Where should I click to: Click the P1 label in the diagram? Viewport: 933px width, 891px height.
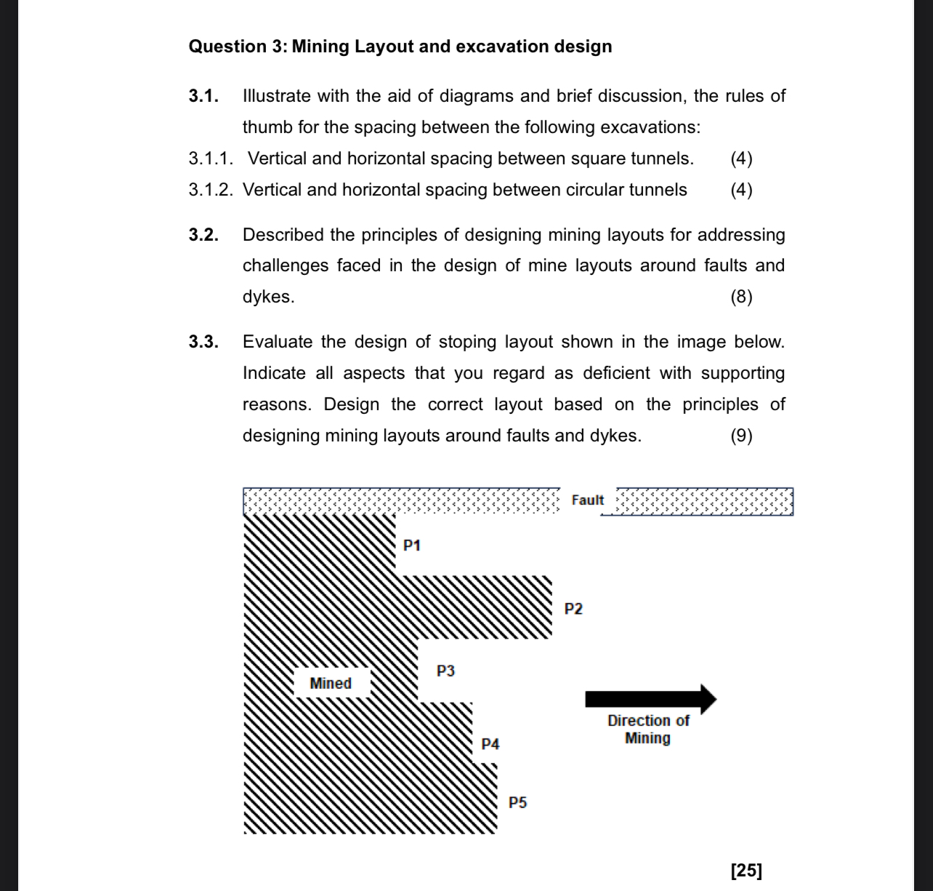click(x=412, y=546)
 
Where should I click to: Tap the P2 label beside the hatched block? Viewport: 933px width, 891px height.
click(x=573, y=609)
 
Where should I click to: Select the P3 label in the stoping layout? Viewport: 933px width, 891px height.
click(x=445, y=671)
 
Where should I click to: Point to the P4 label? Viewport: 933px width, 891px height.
click(x=490, y=744)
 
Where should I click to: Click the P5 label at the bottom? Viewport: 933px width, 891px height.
click(x=517, y=803)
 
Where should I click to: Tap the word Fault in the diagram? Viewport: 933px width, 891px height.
click(x=587, y=500)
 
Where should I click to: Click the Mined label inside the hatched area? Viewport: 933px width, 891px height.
click(x=331, y=684)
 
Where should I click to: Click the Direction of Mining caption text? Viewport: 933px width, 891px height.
click(x=648, y=730)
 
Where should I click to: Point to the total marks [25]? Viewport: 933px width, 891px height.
click(x=746, y=870)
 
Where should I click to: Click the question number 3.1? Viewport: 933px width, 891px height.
click(x=203, y=96)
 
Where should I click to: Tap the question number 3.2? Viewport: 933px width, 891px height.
click(x=203, y=235)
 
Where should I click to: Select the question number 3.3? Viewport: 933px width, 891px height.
click(x=203, y=342)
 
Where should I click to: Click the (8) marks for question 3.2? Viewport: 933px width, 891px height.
click(x=741, y=297)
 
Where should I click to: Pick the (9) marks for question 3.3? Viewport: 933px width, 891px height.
click(x=741, y=436)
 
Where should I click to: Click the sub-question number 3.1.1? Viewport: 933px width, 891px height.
click(x=211, y=159)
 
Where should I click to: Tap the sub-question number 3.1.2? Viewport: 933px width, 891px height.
click(x=211, y=190)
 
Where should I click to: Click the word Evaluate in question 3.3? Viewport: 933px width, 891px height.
click(x=277, y=342)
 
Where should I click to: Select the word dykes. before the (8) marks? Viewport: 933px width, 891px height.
click(x=268, y=297)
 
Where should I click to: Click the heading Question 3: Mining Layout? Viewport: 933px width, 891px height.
click(x=400, y=47)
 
